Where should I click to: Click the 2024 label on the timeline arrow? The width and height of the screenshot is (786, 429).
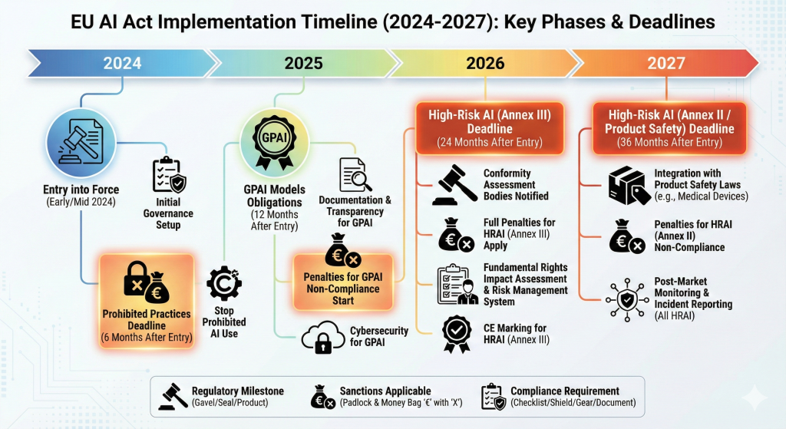pos(122,63)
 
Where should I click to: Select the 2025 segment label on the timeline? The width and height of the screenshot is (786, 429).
pos(303,63)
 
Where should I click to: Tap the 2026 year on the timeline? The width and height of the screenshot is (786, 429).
pos(485,63)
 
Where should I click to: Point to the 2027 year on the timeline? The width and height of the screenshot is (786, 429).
pos(666,63)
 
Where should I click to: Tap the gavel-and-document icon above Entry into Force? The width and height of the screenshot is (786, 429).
pos(81,142)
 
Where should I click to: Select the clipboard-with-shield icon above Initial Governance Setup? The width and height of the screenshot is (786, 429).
pos(169,175)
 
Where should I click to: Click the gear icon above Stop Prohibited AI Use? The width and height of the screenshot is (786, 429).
pos(223,283)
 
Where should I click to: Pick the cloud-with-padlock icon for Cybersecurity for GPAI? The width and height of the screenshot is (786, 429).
pos(324,338)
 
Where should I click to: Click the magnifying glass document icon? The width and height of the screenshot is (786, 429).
pos(355,175)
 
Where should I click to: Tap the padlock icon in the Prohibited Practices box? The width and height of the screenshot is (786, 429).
pos(137,279)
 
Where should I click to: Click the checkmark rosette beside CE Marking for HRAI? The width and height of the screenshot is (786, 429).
pos(457,334)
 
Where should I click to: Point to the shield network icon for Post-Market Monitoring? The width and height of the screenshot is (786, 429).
pos(626,300)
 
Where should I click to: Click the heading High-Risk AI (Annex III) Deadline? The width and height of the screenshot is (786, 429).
pos(490,122)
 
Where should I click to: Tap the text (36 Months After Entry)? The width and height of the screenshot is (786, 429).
pos(669,142)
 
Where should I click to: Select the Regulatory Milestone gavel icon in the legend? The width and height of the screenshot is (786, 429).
pos(173,397)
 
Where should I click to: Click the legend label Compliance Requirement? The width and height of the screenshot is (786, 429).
pos(565,391)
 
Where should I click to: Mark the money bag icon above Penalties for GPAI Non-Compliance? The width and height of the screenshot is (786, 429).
pos(343,251)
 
